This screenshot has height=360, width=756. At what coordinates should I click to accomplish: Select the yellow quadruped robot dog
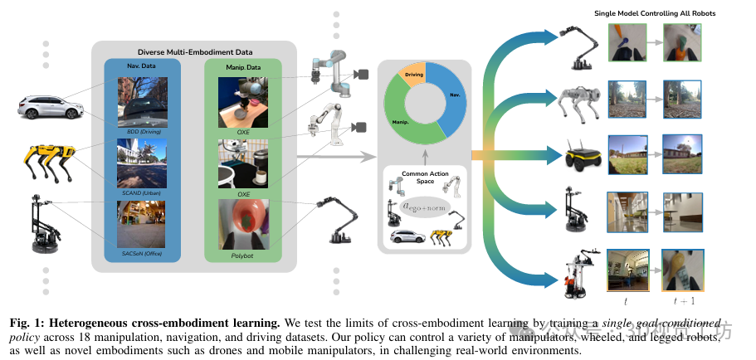pos(47,163)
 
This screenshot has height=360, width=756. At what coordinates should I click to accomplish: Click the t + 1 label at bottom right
pos(686,303)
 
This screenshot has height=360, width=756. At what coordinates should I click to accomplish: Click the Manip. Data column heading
pos(243,66)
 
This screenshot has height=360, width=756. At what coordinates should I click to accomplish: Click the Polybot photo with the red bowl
pos(243,224)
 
